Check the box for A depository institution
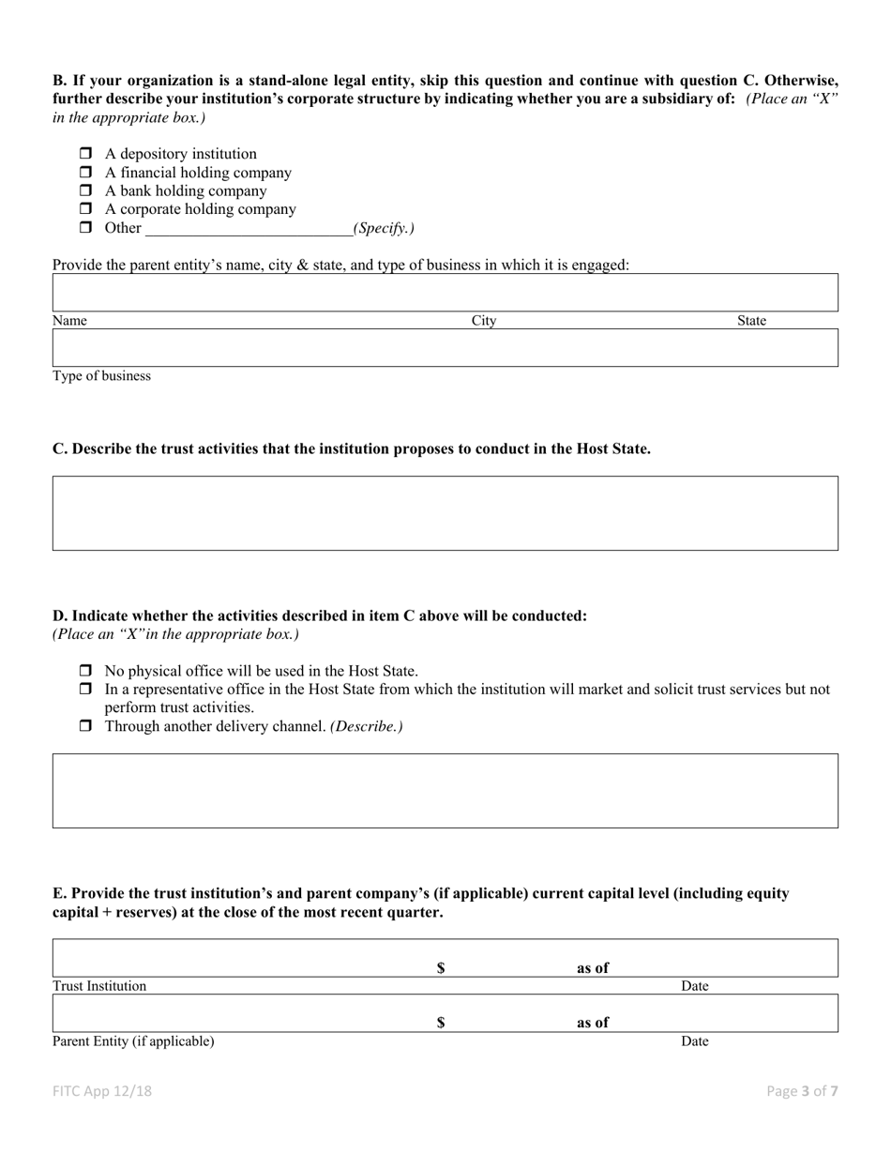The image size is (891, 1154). tap(85, 154)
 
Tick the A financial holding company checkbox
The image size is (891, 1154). tap(85, 173)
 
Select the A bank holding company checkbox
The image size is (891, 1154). tap(85, 190)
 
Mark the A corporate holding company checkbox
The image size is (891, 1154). tap(85, 209)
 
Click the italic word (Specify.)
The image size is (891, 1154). tap(384, 228)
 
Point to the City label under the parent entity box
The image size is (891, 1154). tap(484, 321)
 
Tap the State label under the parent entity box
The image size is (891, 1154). tap(751, 321)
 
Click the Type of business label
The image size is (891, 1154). tap(101, 376)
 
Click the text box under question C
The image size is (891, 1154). tap(445, 512)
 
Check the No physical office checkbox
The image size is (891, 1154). tap(85, 672)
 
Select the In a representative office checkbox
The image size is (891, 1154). tap(85, 690)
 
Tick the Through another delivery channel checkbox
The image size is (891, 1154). tap(85, 727)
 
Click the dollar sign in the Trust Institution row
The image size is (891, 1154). tap(441, 969)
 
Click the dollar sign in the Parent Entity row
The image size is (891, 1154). tap(441, 1024)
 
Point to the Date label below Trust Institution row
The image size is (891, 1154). tap(694, 986)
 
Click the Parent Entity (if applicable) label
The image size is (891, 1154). tap(133, 1041)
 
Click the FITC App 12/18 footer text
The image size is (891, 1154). tap(102, 1091)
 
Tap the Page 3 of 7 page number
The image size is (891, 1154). tap(802, 1091)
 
